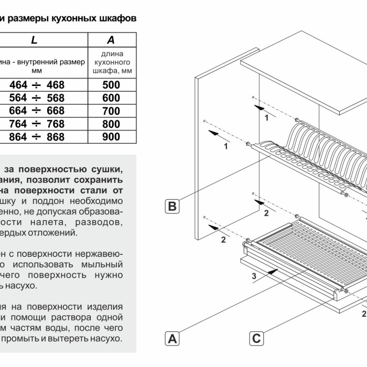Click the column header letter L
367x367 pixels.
tap(34, 39)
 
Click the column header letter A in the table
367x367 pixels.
tap(111, 39)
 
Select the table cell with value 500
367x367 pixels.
tap(111, 85)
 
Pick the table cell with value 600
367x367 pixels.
tap(111, 98)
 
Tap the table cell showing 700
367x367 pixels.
tap(111, 111)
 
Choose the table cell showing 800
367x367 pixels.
tap(111, 124)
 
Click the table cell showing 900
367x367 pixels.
tap(111, 137)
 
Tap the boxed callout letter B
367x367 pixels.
tap(172, 206)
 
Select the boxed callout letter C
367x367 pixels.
tap(256, 338)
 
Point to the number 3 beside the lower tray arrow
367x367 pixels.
tap(254, 276)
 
